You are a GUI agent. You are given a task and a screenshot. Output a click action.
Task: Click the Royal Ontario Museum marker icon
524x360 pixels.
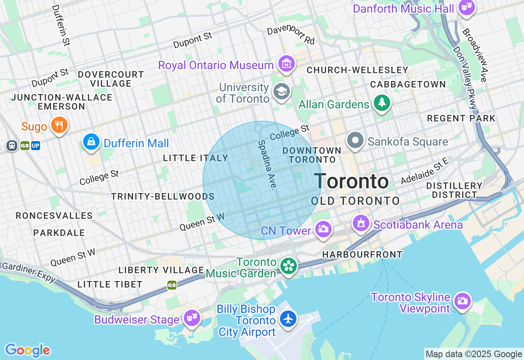pos(286,64)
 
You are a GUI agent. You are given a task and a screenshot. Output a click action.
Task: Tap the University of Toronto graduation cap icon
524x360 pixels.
pos(282,92)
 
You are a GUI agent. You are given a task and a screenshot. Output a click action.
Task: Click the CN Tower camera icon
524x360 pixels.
pos(323,229)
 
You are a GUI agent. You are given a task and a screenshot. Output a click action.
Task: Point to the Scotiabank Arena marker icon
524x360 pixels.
pos(361,223)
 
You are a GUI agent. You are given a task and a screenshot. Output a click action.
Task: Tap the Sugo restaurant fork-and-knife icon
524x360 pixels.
pos(59,125)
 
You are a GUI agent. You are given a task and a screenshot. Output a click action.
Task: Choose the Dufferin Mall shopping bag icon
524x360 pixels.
pos(91,142)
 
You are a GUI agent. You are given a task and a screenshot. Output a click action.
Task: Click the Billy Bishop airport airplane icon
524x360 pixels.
pos(288,319)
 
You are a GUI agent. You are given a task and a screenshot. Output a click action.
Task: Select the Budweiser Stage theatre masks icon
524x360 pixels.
pos(192,317)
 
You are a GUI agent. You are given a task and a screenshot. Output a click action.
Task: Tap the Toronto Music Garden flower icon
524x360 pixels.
pos(289,266)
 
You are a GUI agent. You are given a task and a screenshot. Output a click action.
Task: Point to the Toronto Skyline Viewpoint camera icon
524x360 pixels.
pos(462,301)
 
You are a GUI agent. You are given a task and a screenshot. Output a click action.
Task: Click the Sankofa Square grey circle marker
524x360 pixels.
pos(355,140)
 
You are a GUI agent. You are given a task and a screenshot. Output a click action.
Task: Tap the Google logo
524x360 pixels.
pos(27,350)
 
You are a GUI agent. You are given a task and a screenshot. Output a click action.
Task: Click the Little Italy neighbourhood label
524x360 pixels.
pos(195,158)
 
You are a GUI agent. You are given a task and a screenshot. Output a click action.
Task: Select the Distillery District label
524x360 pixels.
pos(454,190)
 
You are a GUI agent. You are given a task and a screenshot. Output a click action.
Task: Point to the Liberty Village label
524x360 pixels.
pos(161,270)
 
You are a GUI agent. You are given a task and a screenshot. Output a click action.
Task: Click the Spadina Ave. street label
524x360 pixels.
pos(266,164)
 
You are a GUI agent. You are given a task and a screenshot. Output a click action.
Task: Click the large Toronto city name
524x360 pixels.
pos(351,181)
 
